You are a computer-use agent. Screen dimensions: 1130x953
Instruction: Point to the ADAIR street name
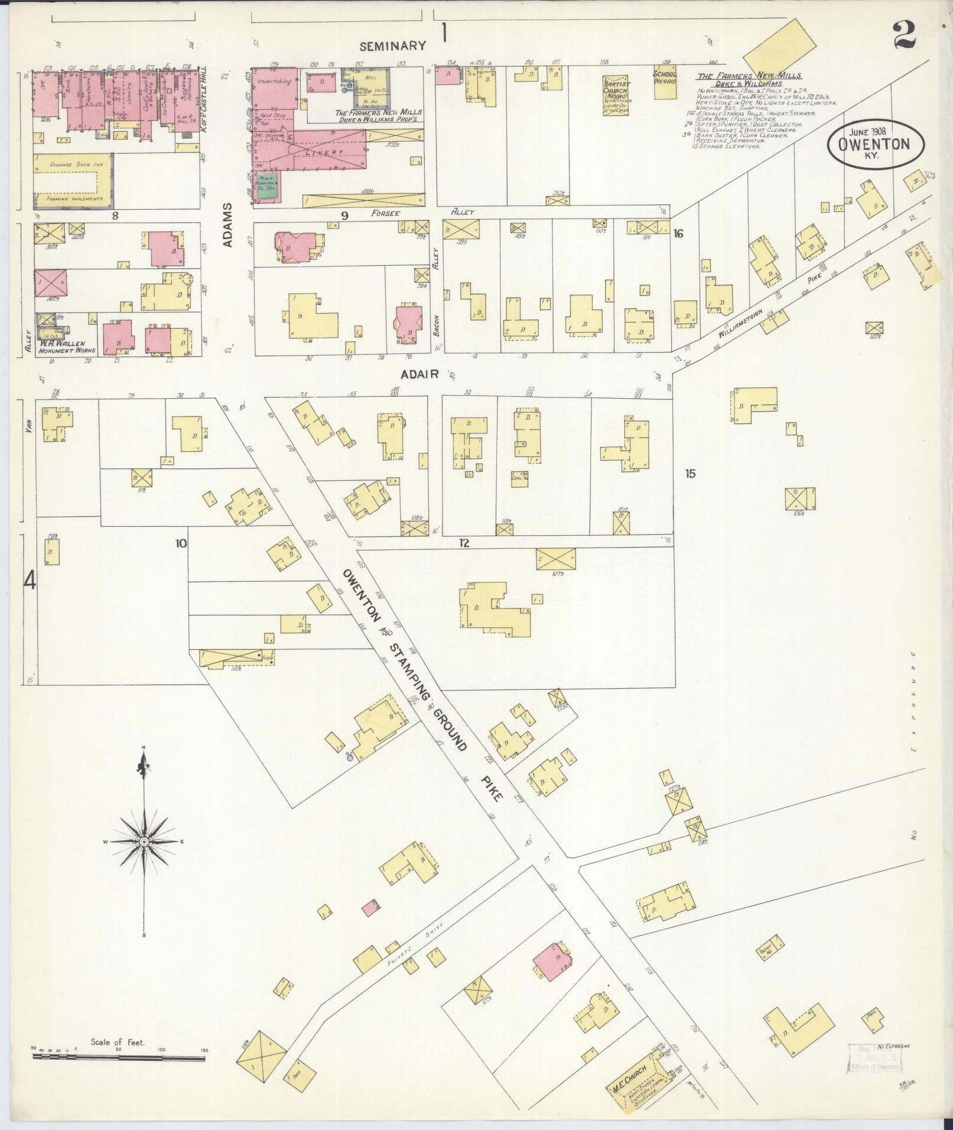coord(418,375)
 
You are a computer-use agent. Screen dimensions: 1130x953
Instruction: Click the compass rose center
coord(144,841)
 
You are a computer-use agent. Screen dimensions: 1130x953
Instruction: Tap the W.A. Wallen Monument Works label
coord(62,347)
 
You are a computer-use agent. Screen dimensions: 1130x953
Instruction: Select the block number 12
coord(464,543)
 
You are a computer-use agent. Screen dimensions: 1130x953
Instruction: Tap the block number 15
coord(690,473)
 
